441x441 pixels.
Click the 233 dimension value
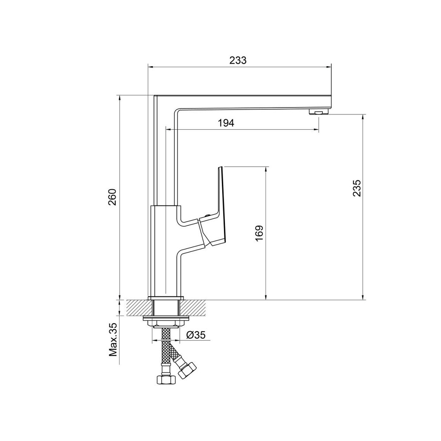(238, 60)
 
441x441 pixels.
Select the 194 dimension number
(226, 123)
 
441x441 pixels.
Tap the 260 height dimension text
(112, 197)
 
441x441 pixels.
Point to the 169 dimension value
(259, 232)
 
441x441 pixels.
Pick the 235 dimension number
(357, 188)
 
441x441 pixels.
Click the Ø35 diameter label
(196, 335)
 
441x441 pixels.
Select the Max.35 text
(113, 340)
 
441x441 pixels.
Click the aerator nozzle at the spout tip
(319, 112)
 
